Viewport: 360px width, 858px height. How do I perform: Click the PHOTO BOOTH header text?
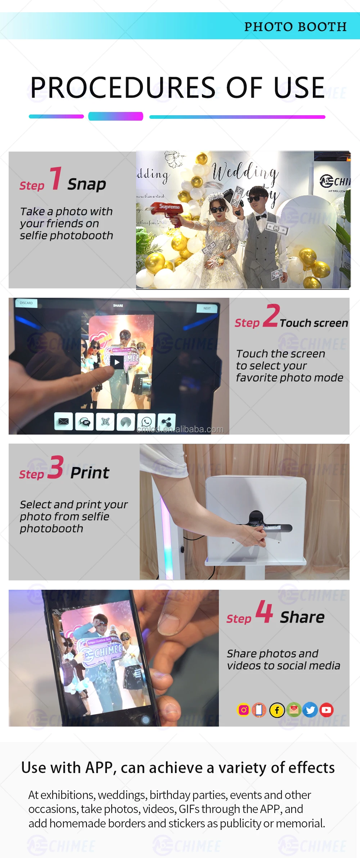point(295,27)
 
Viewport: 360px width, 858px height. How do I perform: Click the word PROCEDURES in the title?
point(123,88)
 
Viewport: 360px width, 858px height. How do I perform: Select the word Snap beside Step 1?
point(86,184)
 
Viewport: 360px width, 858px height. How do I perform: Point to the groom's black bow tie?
point(261,216)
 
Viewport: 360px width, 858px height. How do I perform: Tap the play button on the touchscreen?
point(117,362)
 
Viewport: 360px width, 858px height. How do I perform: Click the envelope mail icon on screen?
point(64,421)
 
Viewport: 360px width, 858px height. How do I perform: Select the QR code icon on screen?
point(105,422)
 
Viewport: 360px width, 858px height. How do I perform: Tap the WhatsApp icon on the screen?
point(147,422)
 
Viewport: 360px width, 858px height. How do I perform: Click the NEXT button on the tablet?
point(207,308)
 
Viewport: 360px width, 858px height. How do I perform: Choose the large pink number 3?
point(56,467)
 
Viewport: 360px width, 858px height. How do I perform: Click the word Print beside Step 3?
point(90,473)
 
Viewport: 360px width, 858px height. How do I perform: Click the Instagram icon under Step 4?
point(244,710)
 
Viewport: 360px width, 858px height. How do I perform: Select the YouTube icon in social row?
point(327,710)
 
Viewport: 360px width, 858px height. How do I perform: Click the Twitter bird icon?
point(310,710)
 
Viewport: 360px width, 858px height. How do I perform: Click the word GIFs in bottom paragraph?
point(189,809)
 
